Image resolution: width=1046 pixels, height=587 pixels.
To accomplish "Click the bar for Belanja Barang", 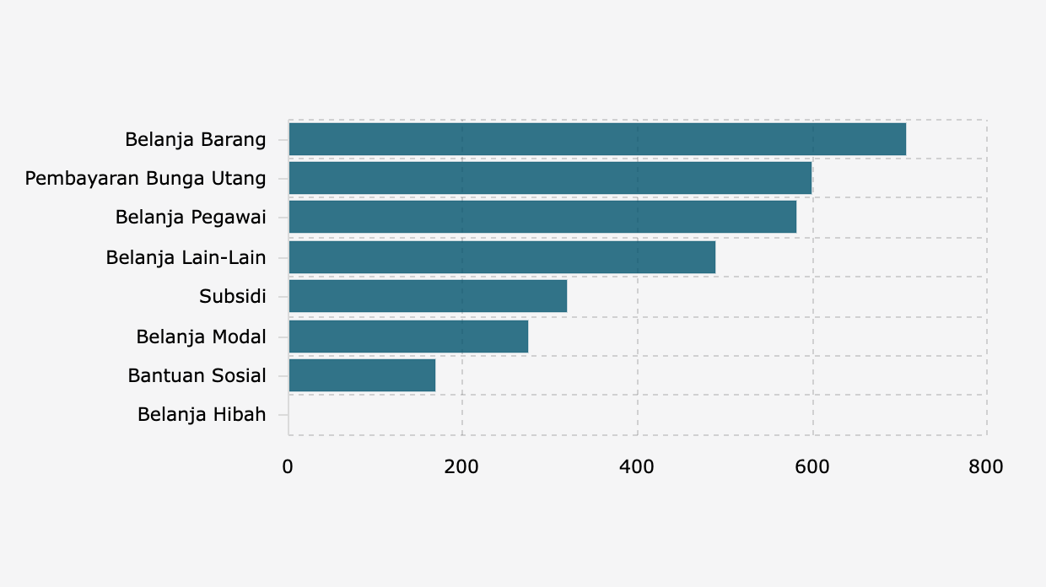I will [597, 139].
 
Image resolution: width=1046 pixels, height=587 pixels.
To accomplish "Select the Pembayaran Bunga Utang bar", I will [550, 178].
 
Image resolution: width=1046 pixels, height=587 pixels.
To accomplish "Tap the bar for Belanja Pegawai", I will [542, 218].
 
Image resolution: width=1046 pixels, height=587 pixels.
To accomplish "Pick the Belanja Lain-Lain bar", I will [502, 257].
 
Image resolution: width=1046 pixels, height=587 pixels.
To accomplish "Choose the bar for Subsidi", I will [428, 296].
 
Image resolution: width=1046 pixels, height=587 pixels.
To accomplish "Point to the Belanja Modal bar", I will [408, 337].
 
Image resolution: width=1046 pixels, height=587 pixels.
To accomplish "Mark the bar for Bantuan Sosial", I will [362, 375].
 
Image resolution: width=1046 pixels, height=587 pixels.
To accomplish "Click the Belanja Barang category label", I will [196, 139].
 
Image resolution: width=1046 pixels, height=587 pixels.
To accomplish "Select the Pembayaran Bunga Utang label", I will [145, 179].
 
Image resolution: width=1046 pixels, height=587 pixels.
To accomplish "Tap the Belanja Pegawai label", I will [191, 218].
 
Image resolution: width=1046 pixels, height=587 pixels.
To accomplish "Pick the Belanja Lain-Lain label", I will [186, 257].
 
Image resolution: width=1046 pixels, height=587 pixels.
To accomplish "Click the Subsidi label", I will [233, 297].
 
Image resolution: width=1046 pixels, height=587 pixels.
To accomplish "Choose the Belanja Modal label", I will [201, 337].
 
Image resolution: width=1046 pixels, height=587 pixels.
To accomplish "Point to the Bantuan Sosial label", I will [197, 375].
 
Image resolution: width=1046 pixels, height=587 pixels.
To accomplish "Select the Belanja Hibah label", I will [202, 415].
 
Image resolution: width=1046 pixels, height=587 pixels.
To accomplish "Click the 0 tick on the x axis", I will [288, 467].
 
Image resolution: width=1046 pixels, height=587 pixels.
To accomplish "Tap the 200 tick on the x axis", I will [462, 467].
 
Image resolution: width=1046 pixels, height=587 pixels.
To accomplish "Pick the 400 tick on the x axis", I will [637, 467].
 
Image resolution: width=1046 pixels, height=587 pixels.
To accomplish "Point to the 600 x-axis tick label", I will [812, 467].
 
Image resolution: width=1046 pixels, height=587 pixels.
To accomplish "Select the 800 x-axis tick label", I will [986, 467].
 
